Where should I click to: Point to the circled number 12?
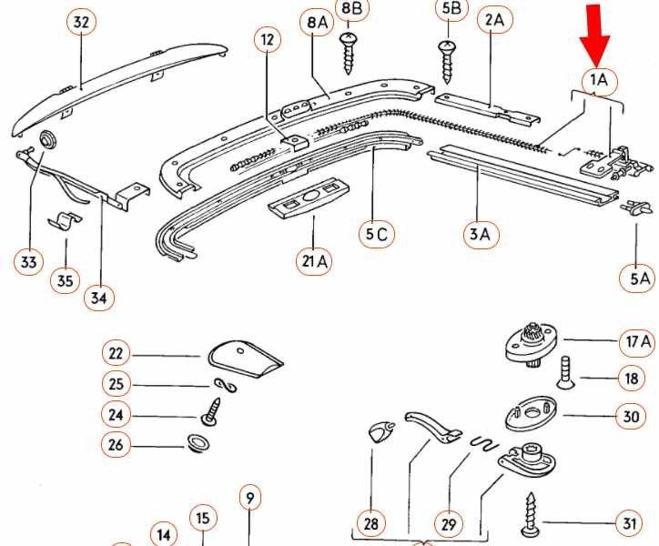pyautogui.click(x=266, y=41)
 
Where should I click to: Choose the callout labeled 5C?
pyautogui.click(x=376, y=234)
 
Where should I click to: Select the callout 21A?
pyautogui.click(x=314, y=262)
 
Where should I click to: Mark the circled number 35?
pyautogui.click(x=65, y=280)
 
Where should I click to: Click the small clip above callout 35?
pyautogui.click(x=62, y=222)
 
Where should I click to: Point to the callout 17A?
pyautogui.click(x=636, y=342)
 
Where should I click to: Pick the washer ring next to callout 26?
pyautogui.click(x=197, y=445)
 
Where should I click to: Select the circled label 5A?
pyautogui.click(x=640, y=278)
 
